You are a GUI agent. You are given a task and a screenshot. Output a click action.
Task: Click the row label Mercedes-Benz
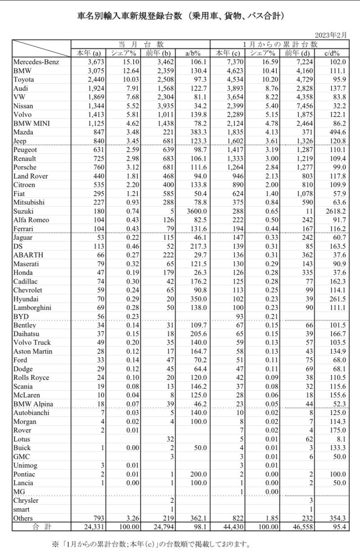click(36, 62)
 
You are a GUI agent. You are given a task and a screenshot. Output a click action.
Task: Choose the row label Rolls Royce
click(31, 377)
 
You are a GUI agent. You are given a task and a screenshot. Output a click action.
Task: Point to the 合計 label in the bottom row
click(41, 526)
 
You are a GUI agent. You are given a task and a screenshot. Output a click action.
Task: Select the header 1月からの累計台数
click(280, 44)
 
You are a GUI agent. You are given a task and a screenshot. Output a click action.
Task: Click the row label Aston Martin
click(33, 351)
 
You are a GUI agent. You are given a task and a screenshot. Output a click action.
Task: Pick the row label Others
click(24, 518)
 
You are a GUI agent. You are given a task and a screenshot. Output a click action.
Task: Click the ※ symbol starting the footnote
click(55, 544)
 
